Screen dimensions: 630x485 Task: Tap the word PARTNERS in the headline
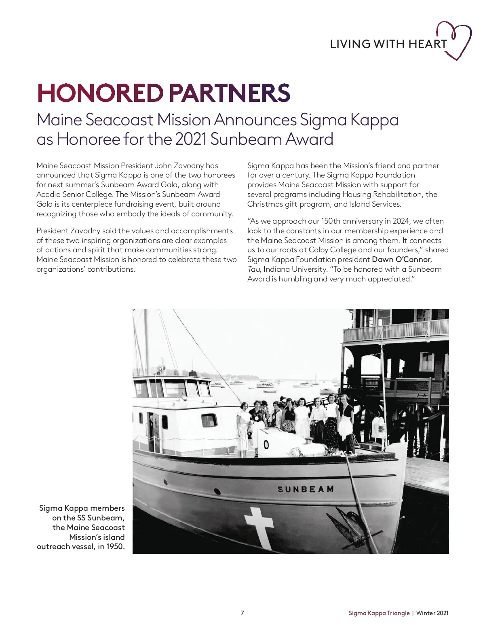click(230, 93)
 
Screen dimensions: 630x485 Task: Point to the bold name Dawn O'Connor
click(401, 260)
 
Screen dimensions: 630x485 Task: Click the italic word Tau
click(253, 269)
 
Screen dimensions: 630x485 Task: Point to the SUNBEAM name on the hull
click(306, 489)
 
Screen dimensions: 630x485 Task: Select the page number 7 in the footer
click(242, 613)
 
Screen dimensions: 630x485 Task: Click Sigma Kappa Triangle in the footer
click(379, 613)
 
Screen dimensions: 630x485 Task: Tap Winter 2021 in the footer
click(432, 613)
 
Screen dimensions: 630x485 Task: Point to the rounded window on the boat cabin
click(209, 421)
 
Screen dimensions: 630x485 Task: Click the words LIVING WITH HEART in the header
click(388, 44)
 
